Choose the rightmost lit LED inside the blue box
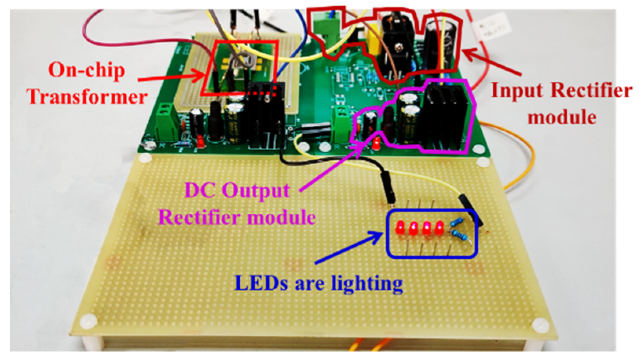[x=439, y=228]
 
